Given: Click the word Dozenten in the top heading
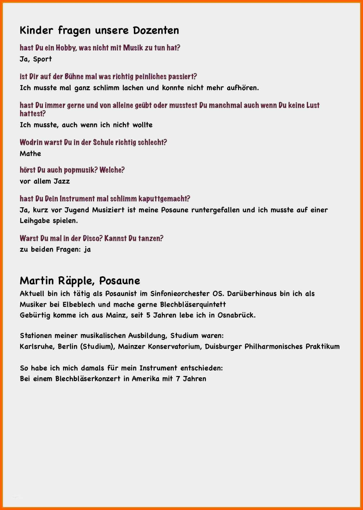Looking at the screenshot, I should click(x=156, y=30).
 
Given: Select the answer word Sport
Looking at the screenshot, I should click(x=42, y=59).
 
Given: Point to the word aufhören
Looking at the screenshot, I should click(x=243, y=88).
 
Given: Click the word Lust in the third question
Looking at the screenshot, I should click(x=313, y=105).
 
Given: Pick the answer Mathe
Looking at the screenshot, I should click(x=31, y=154).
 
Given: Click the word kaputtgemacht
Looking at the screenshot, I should click(x=164, y=199).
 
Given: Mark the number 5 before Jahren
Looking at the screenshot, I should click(x=148, y=315).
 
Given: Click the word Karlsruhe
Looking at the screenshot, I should click(x=37, y=346).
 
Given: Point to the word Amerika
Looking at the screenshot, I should click(x=145, y=379).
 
